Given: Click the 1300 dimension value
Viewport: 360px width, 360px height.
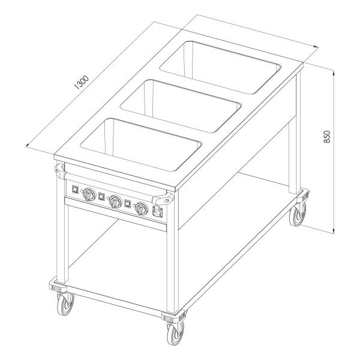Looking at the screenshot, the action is pos(82,82).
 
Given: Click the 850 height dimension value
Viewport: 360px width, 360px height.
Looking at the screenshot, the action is pos(326,137).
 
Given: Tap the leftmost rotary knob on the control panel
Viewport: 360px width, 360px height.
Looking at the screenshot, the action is pos(89,194).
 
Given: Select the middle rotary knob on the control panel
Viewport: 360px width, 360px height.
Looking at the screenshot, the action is pos(115,202).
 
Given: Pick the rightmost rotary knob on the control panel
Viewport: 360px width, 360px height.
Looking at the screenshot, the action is pos(141,209).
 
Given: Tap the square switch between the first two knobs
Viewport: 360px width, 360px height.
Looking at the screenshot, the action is pos(101,197).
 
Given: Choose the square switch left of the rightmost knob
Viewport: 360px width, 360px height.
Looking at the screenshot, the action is pos(128,203).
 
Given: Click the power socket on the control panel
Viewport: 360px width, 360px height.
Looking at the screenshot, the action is pos(158,211).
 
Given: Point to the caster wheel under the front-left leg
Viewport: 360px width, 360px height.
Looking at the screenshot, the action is pos(65,304).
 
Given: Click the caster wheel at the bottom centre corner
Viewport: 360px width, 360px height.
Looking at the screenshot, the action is pos(175,334).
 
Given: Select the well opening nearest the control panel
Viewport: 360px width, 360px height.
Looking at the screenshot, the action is pos(141,145).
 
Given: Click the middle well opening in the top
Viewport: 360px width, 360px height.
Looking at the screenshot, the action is pos(181,106).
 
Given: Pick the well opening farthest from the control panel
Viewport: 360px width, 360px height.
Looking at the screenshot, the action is pos(220,67).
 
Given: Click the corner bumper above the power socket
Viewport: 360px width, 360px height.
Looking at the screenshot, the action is pos(163,199).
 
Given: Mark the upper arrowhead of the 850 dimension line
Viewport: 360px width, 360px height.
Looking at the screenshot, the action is pos(334,73).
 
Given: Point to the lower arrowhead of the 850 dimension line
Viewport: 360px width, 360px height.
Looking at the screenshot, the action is pos(334,231).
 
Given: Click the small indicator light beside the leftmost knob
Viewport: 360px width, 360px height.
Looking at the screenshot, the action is pos(82,191).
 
